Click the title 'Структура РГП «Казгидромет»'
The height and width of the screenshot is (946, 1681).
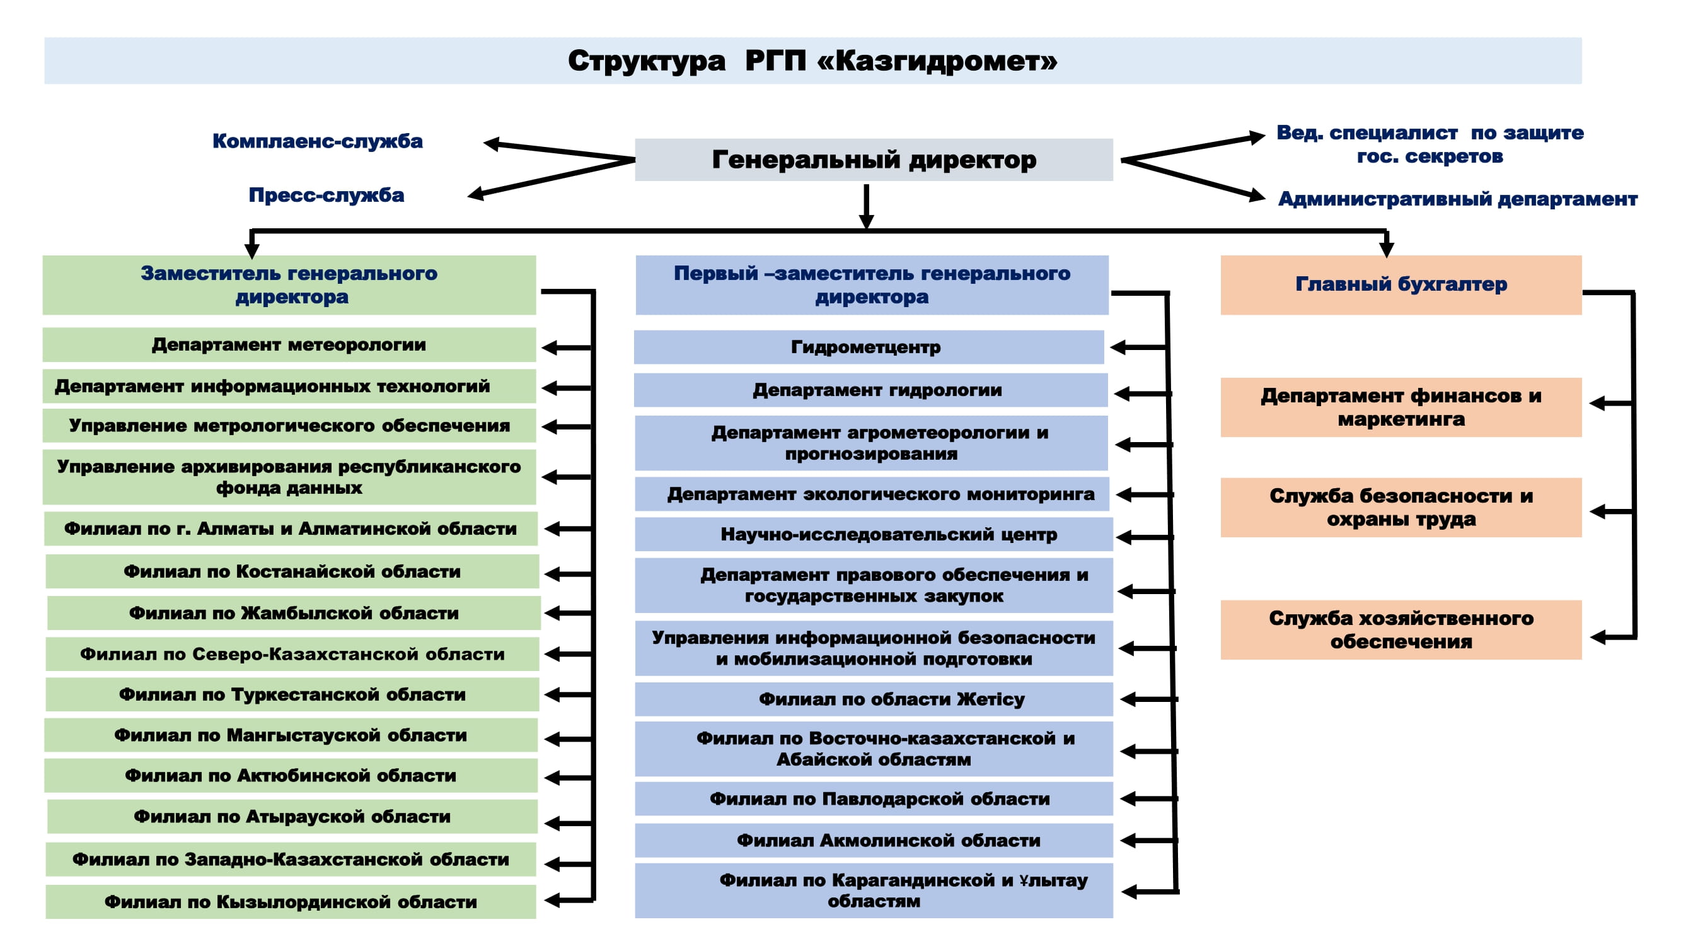click(812, 61)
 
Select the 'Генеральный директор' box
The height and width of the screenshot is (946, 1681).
click(874, 160)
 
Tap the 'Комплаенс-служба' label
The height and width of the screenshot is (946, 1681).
click(318, 141)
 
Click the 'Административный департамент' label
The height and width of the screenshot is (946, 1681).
click(1458, 199)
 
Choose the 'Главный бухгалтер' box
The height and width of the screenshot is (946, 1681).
click(1401, 284)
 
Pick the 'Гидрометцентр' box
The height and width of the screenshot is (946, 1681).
click(869, 347)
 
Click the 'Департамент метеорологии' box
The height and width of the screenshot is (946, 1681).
click(289, 344)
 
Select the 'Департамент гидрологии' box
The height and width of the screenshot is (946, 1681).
click(870, 390)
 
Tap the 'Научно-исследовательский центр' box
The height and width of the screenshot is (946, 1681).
click(874, 534)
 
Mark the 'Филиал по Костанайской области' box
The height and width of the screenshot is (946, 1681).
click(292, 571)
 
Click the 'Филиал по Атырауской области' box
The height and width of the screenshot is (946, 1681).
click(292, 816)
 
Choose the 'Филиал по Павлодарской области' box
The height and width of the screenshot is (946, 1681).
click(874, 798)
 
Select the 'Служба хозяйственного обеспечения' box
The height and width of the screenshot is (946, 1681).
click(1401, 629)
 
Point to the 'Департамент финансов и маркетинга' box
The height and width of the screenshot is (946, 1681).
click(1401, 407)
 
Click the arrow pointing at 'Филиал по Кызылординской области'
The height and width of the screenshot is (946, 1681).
click(569, 901)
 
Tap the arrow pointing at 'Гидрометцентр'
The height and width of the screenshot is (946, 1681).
click(1139, 347)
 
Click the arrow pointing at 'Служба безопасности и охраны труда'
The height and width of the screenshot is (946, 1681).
click(1612, 511)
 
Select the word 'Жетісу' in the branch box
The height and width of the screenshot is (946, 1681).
click(991, 699)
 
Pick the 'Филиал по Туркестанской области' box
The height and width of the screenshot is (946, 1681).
click(292, 694)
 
